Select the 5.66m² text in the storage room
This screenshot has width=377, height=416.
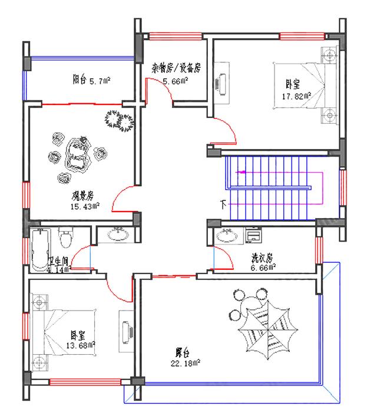[176, 81]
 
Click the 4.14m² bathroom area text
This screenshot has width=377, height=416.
[59, 270]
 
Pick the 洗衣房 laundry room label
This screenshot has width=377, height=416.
[262, 258]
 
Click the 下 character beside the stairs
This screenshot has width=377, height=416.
[223, 205]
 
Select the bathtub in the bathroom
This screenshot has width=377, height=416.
[40, 250]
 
